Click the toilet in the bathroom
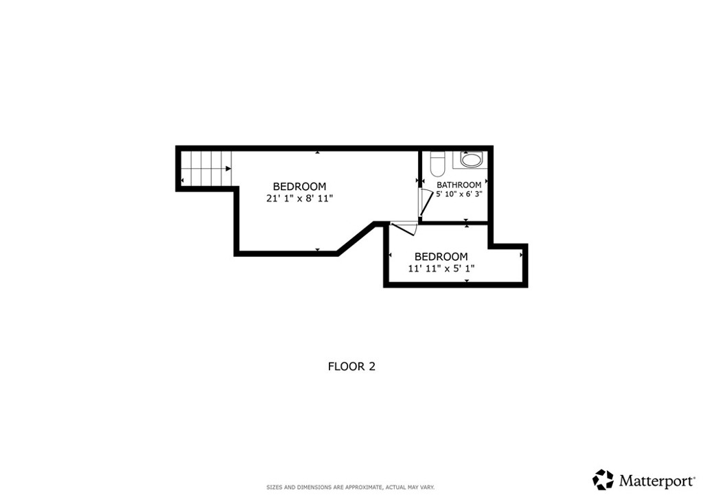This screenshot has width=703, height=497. [437, 164]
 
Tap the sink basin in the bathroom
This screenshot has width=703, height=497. [472, 161]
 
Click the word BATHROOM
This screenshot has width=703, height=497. [459, 185]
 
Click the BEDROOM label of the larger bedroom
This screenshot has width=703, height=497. [299, 186]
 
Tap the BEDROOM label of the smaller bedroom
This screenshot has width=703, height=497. [441, 257]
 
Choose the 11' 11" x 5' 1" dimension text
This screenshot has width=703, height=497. [441, 268]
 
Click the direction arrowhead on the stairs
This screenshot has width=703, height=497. [227, 168]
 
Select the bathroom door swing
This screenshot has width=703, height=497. [425, 202]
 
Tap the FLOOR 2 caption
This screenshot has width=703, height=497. [351, 367]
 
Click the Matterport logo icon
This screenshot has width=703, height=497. [603, 479]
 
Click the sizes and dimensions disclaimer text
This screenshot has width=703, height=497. [350, 487]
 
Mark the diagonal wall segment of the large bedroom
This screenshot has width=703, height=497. [356, 238]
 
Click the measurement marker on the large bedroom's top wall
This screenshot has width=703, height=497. [316, 152]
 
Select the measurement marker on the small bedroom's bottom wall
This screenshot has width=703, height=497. [466, 281]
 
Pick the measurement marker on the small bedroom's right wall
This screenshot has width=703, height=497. [522, 254]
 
